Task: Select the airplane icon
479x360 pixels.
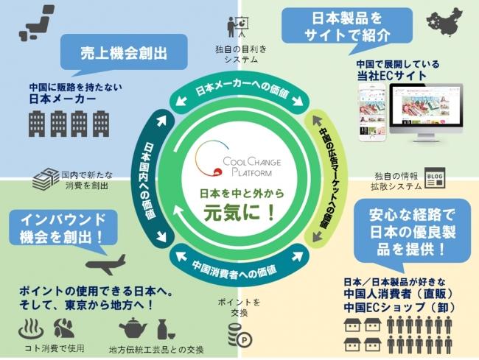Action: [106, 264]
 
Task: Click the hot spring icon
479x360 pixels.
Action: [30, 327]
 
